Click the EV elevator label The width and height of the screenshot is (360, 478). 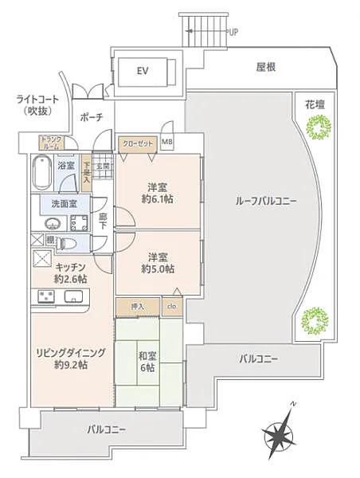point(143,71)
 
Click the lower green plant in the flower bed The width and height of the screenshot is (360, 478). point(315,320)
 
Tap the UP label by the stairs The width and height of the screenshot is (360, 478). point(233,33)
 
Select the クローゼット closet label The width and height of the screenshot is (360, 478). point(137,144)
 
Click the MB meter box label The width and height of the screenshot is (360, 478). point(167,143)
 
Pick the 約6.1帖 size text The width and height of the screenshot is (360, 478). point(156,201)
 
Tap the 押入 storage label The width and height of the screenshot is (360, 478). point(137,305)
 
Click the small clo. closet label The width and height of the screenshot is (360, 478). point(171,306)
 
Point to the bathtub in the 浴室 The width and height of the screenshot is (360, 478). point(43,169)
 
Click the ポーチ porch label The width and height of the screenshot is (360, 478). point(89,118)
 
